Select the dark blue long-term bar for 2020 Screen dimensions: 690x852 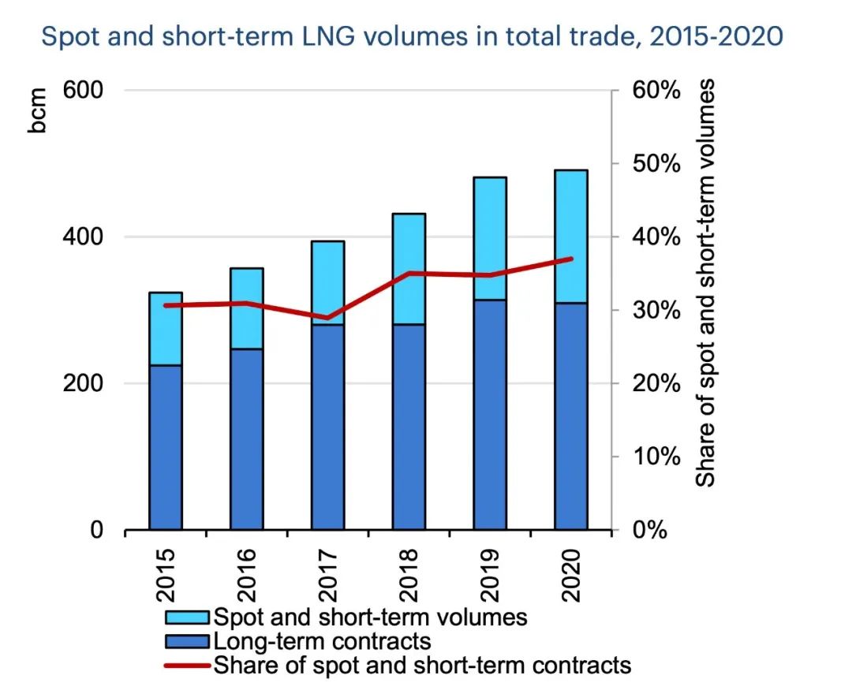tap(570, 416)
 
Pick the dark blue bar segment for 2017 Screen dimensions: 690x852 tap(327, 427)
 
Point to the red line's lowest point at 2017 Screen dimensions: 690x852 tap(327, 318)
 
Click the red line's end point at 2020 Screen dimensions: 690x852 tap(571, 259)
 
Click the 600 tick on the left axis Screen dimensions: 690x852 tap(84, 90)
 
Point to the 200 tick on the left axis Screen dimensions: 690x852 tap(84, 383)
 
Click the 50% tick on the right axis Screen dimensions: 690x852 tap(656, 164)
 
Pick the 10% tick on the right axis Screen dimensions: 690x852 tap(656, 457)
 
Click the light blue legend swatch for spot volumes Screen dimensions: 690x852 tap(187, 616)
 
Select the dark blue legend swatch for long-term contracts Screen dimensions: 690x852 tap(187, 640)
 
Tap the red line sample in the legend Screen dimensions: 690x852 tap(187, 665)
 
